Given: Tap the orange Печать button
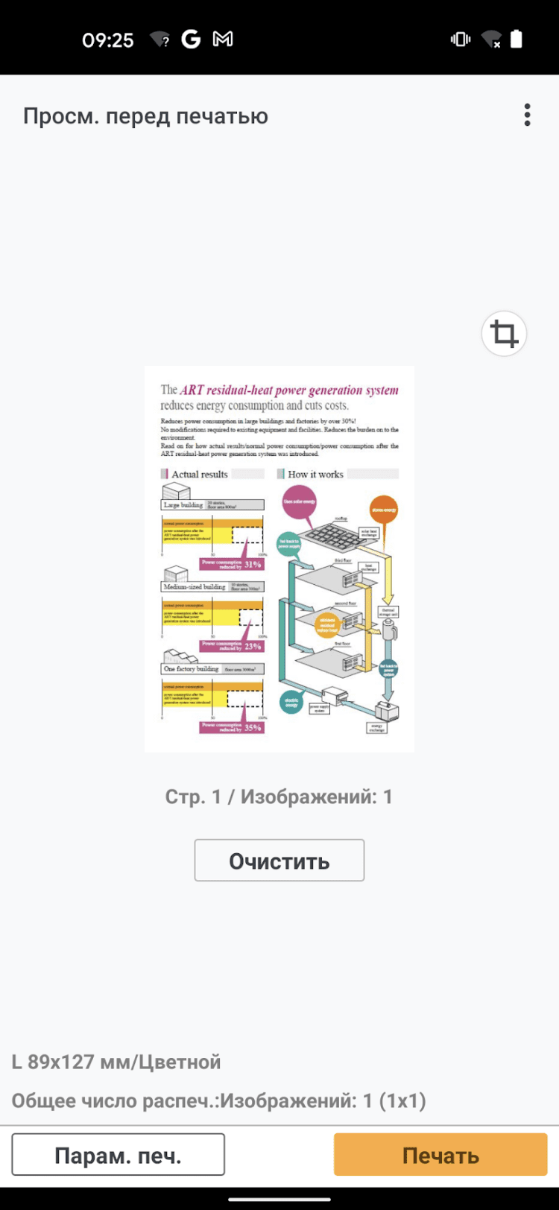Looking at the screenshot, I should click(x=440, y=1155).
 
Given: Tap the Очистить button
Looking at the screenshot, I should click(x=279, y=861).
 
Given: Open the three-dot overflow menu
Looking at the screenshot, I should click(x=527, y=115).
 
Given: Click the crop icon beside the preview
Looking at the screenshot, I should click(x=504, y=333).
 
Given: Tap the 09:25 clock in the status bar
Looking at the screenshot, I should click(x=108, y=39).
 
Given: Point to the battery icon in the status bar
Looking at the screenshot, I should click(x=516, y=39).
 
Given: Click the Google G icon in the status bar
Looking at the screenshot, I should click(x=191, y=39).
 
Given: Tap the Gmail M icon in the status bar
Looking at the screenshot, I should click(x=223, y=39).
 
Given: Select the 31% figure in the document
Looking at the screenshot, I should click(x=253, y=565).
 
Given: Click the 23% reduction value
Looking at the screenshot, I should click(x=253, y=646).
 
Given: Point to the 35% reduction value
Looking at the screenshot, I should click(x=253, y=727).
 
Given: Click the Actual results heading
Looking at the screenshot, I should click(x=199, y=474).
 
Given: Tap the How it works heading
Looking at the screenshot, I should click(x=315, y=474).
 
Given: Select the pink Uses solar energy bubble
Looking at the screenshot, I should click(x=299, y=501).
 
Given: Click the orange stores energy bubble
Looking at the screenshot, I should click(x=384, y=510).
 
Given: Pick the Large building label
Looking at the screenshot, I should click(x=183, y=505).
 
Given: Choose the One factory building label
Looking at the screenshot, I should click(x=192, y=669).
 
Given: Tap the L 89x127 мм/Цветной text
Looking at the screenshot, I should click(x=116, y=1062).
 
